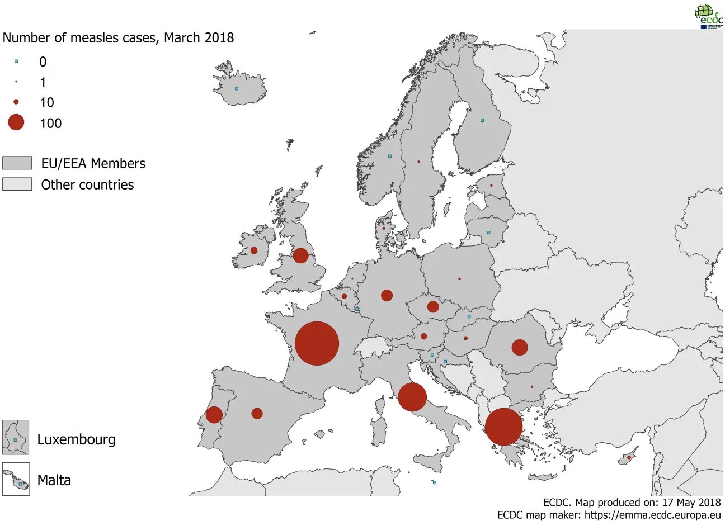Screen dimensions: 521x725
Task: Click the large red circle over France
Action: pyautogui.click(x=317, y=343)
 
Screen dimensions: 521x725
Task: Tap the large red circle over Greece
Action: pyautogui.click(x=503, y=427)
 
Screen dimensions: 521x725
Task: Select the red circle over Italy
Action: pyautogui.click(x=412, y=397)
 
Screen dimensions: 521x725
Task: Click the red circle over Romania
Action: pyautogui.click(x=520, y=347)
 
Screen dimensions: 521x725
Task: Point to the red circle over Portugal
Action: pyautogui.click(x=214, y=415)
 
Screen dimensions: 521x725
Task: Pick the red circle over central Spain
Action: pyautogui.click(x=257, y=414)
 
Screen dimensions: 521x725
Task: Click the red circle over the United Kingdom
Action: pyautogui.click(x=300, y=255)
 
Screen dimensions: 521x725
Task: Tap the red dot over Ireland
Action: pyautogui.click(x=254, y=250)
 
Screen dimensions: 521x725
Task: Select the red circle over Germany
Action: pyautogui.click(x=387, y=295)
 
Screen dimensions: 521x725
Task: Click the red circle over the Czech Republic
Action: pyautogui.click(x=433, y=307)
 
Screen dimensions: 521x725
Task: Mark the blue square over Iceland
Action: pyautogui.click(x=237, y=88)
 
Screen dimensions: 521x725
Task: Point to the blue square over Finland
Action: pyautogui.click(x=482, y=120)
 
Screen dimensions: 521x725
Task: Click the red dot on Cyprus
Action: pyautogui.click(x=629, y=458)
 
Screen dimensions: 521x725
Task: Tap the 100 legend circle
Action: pyautogui.click(x=16, y=122)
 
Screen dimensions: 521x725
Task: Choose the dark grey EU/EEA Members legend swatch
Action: pyautogui.click(x=17, y=163)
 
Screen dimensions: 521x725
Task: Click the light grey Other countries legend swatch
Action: pyautogui.click(x=17, y=184)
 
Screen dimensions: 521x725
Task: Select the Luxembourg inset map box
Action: pyautogui.click(x=16, y=437)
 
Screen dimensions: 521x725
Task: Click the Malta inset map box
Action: pyautogui.click(x=16, y=479)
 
